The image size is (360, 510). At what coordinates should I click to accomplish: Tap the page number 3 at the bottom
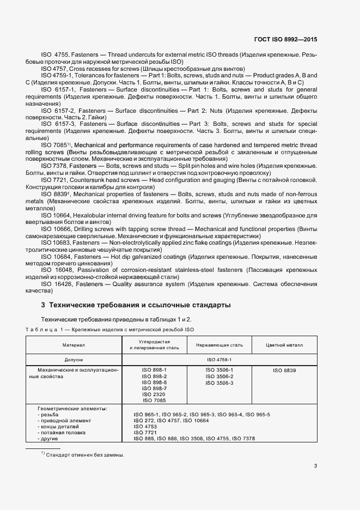315,465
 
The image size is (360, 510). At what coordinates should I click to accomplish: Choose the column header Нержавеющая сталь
219,344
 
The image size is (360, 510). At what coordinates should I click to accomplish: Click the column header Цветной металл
284,344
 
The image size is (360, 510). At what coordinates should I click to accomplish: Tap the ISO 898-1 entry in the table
154,370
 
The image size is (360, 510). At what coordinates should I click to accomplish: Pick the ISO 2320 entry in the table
154,394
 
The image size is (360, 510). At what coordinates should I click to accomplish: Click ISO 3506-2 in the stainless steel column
219,377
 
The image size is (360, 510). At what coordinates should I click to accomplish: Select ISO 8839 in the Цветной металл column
284,370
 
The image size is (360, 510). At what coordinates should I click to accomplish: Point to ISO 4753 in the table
145,427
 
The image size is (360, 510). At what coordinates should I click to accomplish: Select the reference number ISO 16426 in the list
57,284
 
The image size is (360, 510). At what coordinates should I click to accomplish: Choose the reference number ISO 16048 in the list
57,270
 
